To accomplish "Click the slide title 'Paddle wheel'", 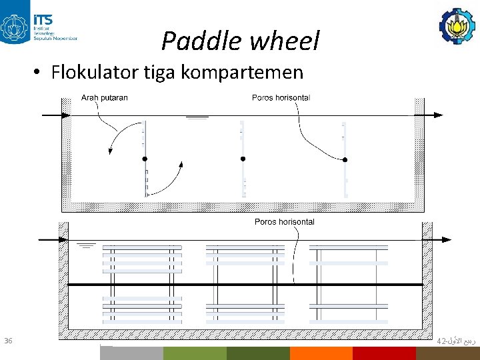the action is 240,41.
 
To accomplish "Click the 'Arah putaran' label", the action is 105,97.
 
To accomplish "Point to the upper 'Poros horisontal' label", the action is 281,97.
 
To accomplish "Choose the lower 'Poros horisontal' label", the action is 284,221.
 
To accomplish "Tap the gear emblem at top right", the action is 457,23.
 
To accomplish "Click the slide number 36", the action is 8,341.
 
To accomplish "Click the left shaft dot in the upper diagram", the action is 144,159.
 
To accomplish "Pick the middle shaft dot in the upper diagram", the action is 243,159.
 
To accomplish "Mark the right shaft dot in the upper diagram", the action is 345,159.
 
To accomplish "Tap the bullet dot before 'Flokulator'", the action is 41,72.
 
